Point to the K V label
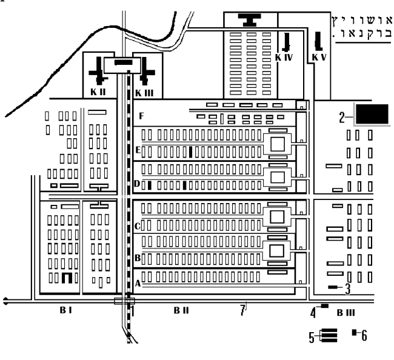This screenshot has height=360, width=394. [319, 57]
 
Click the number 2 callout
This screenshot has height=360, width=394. [342, 116]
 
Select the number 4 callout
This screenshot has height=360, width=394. [313, 313]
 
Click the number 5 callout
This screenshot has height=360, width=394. [311, 336]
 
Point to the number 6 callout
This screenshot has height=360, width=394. [364, 335]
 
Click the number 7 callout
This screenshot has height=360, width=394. [242, 311]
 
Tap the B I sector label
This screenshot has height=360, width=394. [65, 310]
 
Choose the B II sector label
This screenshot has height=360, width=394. [181, 310]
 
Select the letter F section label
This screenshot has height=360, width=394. [141, 115]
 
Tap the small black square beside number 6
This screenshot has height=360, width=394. [355, 332]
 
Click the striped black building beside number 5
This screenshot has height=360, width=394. [328, 336]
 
